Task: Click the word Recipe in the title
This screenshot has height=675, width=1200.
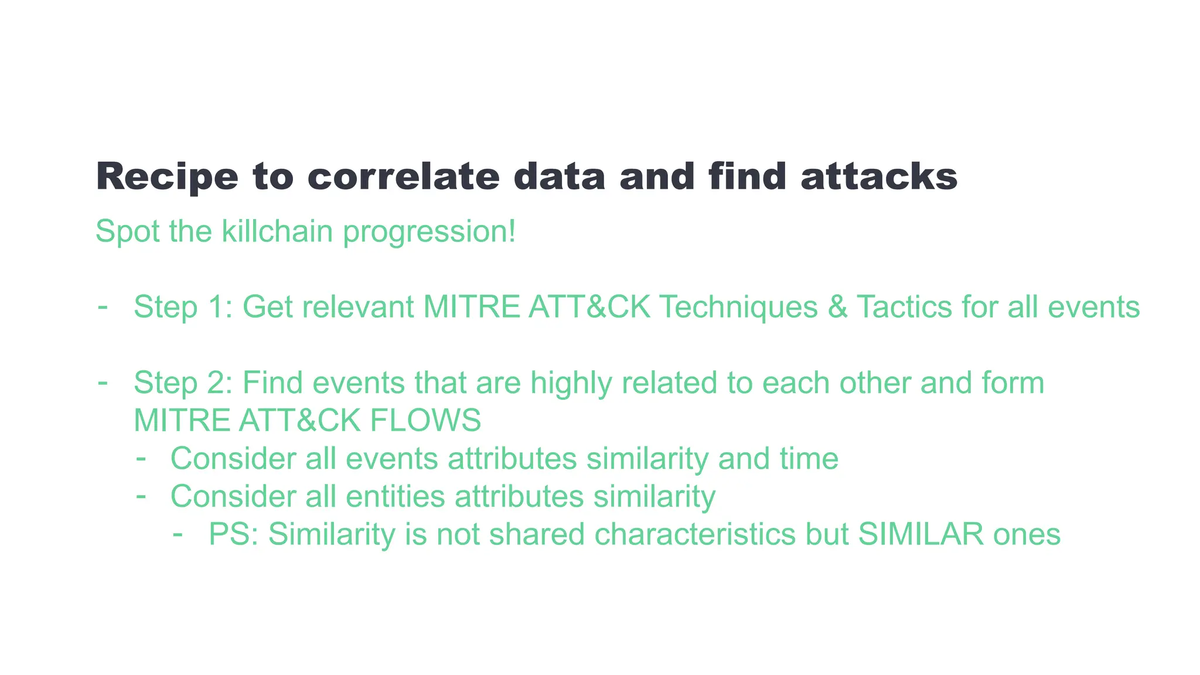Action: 167,177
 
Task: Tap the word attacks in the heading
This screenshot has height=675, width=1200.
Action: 879,177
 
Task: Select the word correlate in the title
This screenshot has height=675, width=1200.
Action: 403,177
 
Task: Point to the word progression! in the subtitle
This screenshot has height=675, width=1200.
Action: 429,231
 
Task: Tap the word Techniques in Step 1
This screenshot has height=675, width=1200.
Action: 738,306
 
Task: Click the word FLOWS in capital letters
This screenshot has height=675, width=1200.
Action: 425,420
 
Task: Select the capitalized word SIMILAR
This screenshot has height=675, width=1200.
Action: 921,534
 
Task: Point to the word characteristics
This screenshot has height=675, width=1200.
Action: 695,534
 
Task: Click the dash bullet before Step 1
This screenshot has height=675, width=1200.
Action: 103,306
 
